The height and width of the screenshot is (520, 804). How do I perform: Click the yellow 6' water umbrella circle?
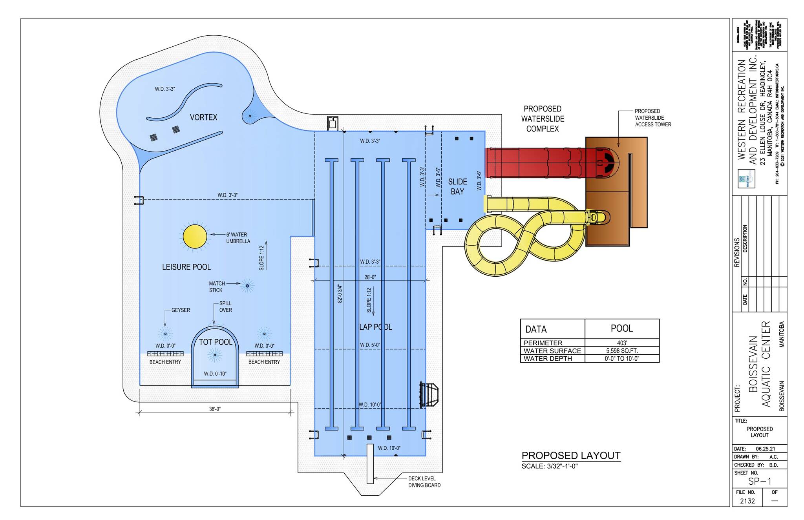195,236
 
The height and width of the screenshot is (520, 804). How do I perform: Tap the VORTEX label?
203,117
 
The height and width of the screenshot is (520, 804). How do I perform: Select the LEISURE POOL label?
186,267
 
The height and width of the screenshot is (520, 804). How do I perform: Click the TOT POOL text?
216,342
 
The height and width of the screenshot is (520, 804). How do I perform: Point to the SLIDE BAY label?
458,186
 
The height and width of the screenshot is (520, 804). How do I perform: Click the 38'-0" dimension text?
215,409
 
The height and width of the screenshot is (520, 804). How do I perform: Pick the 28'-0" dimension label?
370,277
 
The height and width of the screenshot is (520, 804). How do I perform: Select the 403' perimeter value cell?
622,343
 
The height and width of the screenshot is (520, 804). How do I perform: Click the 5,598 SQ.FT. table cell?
622,350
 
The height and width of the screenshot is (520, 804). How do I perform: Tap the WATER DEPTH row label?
548,358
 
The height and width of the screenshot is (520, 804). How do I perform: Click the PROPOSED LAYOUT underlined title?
571,456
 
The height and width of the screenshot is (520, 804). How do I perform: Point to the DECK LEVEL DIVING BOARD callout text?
424,482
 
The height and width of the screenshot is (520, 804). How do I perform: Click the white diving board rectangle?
370,463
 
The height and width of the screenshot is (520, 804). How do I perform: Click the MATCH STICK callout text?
217,286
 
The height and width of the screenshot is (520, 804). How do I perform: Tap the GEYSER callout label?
181,310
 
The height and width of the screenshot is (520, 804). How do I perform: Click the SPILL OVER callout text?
225,307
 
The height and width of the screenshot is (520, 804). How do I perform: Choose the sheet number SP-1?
760,482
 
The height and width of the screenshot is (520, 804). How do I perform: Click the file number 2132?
747,501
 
